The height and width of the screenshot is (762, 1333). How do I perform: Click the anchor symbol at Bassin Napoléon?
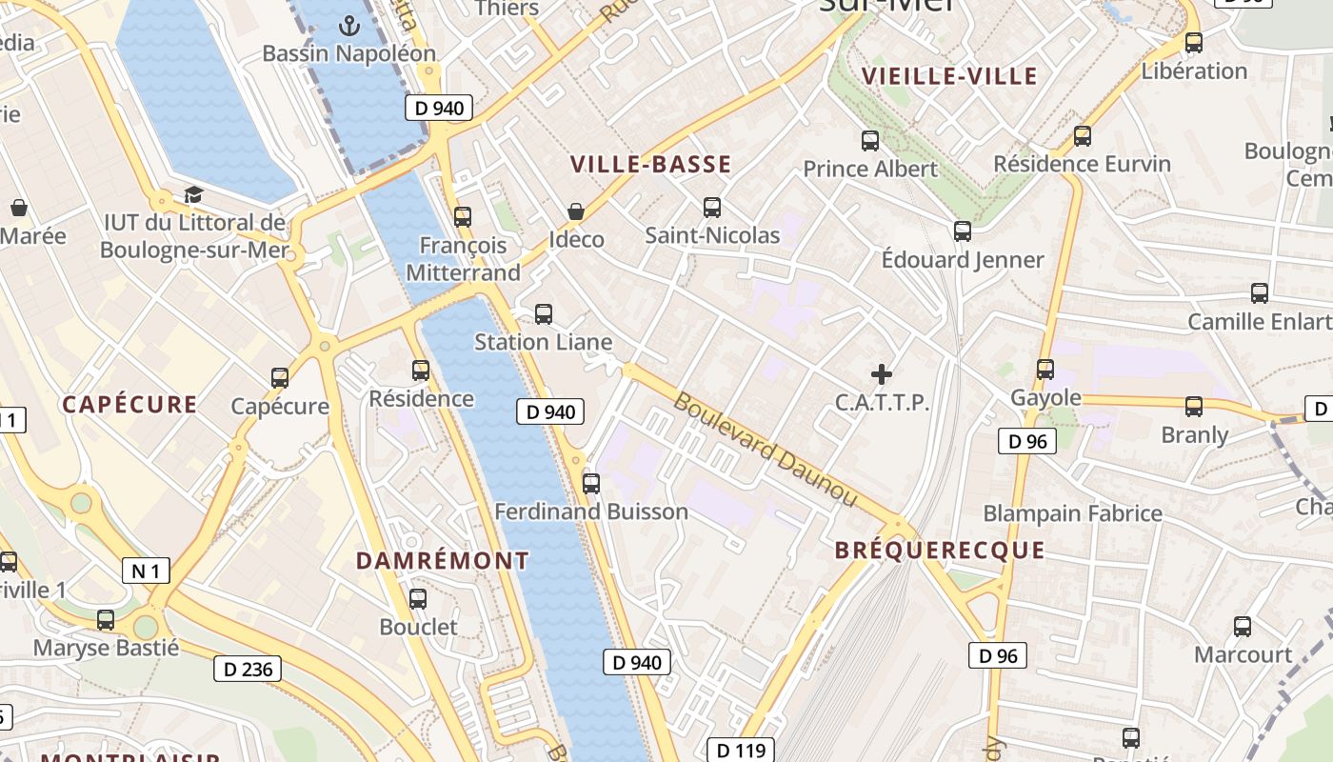348,26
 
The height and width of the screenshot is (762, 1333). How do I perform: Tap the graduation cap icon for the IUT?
194,194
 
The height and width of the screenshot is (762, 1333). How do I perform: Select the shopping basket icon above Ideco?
576,211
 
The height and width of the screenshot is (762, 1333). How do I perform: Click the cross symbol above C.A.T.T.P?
882,374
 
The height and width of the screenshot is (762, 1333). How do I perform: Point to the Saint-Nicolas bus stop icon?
711,207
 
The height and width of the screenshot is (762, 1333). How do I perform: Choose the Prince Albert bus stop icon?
870,141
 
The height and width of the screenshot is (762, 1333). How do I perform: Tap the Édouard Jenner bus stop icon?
963,231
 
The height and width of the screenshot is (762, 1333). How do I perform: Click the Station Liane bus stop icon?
544,313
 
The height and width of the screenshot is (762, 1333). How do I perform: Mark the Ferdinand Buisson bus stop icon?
591,484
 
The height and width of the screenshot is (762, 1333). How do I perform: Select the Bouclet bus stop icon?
418,599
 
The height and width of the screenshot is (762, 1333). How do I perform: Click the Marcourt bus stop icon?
1243,627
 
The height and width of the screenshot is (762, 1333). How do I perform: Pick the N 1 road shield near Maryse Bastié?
146,571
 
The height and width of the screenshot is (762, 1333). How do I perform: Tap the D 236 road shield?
248,670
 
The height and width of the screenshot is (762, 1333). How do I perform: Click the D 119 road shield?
742,751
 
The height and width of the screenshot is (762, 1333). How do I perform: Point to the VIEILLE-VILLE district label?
948,76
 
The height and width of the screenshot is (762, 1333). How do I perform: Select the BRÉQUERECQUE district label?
940,551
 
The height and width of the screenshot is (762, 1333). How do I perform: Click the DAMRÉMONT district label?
442,561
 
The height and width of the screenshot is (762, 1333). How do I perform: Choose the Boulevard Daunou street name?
766,449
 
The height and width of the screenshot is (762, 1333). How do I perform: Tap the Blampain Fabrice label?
1072,513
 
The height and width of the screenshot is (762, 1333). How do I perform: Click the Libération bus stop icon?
1194,43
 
